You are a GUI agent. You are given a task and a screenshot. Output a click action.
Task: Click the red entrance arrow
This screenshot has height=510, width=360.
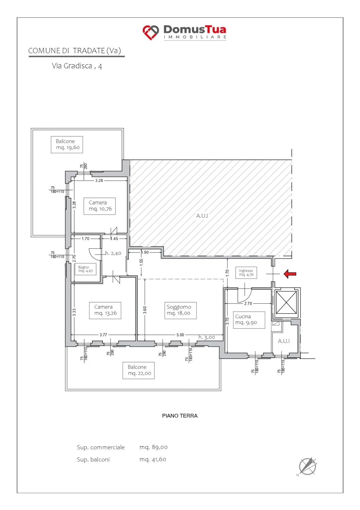290,274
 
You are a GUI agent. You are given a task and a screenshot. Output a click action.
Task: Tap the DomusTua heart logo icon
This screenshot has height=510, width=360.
151,32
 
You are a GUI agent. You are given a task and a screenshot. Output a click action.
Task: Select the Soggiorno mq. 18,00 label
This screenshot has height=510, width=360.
181,310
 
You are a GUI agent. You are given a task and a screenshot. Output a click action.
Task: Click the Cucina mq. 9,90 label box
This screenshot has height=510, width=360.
249,320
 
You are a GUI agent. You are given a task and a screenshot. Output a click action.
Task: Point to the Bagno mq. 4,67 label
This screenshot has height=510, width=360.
85,269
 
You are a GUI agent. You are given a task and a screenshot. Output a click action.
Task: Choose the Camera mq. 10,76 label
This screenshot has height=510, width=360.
100,206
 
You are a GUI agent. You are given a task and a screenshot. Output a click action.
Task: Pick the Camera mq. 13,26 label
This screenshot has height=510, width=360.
105,310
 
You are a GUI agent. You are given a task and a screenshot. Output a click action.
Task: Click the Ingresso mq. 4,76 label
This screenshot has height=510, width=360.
246,273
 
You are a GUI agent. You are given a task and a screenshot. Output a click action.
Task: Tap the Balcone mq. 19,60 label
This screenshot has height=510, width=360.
67,144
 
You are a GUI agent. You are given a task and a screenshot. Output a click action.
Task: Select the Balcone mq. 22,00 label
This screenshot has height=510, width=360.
138,371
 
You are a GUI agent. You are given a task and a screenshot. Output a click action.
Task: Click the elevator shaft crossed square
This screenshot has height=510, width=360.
286,302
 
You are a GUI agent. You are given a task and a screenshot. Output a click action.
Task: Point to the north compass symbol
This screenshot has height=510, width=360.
307,466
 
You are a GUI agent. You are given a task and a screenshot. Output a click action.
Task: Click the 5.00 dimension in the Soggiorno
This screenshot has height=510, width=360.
180,335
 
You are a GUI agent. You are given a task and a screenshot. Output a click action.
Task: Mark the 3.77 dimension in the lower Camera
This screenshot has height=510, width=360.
103,335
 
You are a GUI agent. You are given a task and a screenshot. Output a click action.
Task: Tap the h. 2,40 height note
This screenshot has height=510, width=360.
113,253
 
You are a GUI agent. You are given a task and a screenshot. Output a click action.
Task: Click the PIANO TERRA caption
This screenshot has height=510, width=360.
179,416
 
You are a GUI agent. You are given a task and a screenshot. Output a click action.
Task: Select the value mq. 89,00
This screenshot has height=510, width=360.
153,447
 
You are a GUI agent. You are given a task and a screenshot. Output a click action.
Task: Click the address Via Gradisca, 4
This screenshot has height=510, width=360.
77,66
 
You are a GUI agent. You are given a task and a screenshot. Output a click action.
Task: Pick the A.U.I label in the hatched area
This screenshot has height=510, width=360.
202,216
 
